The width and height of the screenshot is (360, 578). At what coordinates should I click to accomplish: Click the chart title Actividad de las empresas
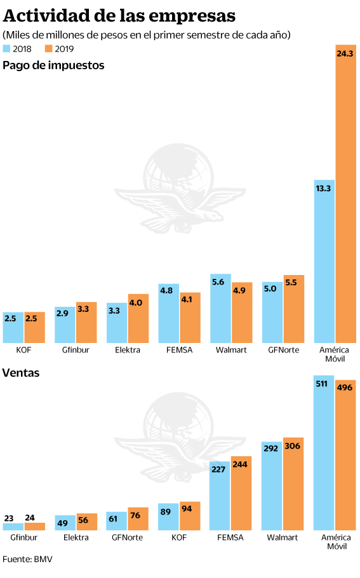coord(119,16)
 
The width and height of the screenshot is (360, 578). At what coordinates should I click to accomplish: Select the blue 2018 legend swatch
coord(6,49)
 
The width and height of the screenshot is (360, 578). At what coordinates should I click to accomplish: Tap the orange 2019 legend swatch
coord(49,49)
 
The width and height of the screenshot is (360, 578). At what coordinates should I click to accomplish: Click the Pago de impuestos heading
coord(53,65)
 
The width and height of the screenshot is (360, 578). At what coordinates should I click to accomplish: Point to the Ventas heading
coord(21,373)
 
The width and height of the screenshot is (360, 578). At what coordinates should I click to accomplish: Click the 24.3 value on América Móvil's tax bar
coord(345,54)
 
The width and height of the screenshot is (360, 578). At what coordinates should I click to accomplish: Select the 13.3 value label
coord(323,189)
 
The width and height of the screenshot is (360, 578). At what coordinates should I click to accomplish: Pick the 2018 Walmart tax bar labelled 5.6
coord(220,308)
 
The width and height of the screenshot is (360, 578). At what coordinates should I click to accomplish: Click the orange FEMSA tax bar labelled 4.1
coord(190,318)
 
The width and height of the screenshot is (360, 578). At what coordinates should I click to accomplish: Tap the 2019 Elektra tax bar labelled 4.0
coord(138,318)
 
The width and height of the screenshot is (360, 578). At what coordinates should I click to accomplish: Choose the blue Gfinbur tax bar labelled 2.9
coord(65,325)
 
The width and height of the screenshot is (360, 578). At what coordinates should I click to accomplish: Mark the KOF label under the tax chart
coord(23,350)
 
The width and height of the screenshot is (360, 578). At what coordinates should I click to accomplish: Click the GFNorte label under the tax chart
coord(283,350)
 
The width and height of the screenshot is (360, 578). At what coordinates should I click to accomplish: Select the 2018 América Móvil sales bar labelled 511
coord(324,453)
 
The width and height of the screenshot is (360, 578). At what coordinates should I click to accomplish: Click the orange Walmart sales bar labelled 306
coord(293,484)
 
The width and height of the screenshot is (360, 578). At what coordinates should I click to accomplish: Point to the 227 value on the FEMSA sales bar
coord(218,469)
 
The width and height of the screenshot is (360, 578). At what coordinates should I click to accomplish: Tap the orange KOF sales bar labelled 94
coord(190,516)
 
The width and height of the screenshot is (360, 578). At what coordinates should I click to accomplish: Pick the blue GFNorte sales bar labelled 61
coord(116,521)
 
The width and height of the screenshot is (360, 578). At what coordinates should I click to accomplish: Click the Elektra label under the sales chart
coord(76,537)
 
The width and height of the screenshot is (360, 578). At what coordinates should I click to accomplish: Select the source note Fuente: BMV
coord(27,559)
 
